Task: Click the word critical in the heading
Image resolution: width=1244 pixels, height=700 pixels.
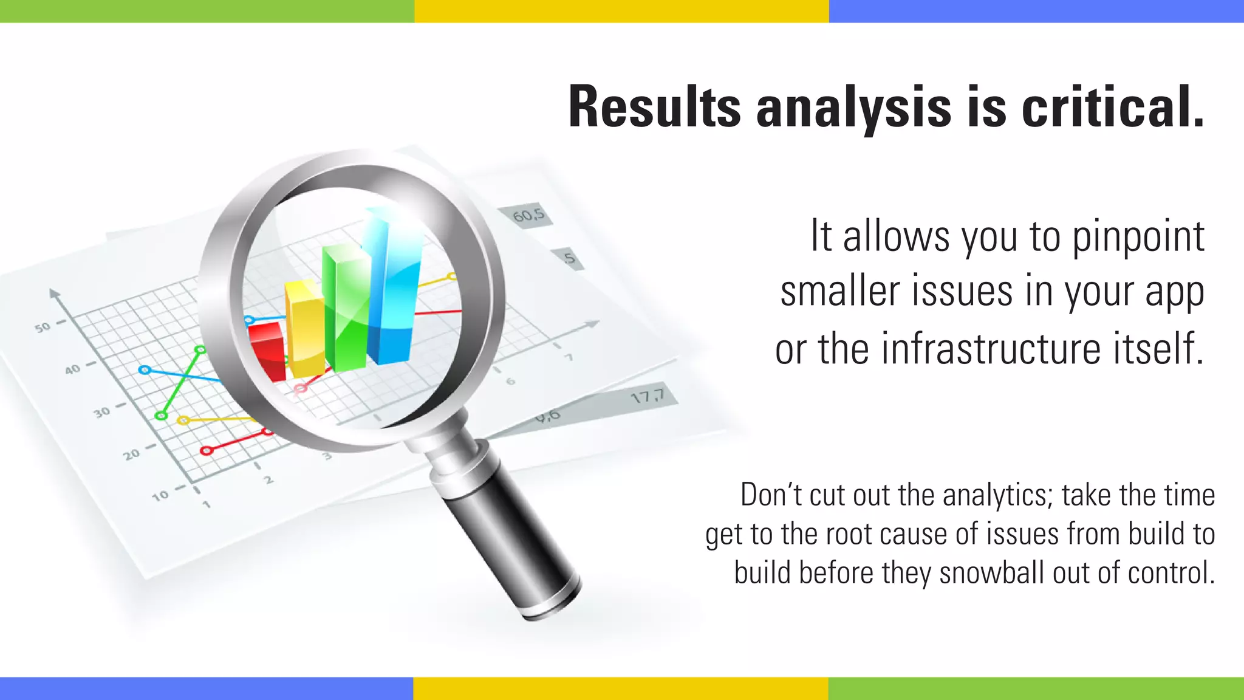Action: coord(1113,108)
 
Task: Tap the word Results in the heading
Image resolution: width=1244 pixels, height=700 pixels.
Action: coord(654,108)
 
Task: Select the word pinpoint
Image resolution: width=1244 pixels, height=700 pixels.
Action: coord(1138,237)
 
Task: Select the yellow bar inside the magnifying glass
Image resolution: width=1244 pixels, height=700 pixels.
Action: coord(305,331)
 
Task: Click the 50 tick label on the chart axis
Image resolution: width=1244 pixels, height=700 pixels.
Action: coord(43,328)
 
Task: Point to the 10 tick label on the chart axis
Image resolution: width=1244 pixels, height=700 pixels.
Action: coord(160,496)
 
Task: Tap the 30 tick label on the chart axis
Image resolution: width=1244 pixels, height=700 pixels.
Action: coord(102,413)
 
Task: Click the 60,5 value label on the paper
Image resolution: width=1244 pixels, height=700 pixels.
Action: coord(528,215)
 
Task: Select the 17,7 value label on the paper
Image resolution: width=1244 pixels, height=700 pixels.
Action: coord(647,397)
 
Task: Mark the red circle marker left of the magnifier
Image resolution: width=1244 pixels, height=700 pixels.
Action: coord(207,450)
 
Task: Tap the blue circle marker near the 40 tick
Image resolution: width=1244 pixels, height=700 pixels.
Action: coord(145,369)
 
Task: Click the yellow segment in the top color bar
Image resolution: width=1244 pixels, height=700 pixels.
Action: coord(621,11)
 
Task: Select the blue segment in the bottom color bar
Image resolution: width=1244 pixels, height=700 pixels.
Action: coord(207,688)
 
